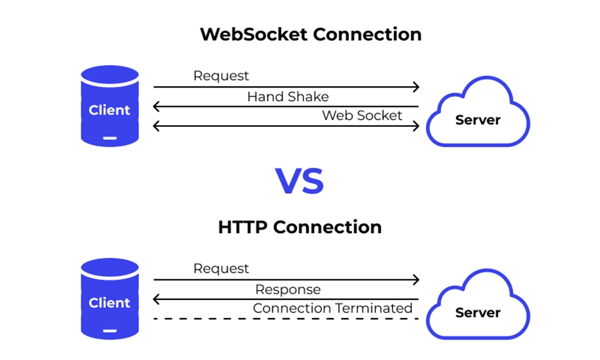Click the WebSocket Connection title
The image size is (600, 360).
(311, 34)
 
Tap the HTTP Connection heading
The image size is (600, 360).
(300, 227)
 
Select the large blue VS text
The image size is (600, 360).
(299, 181)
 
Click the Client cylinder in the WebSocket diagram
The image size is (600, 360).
(110, 106)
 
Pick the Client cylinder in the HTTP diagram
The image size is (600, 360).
(110, 299)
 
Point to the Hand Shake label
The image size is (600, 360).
(287, 97)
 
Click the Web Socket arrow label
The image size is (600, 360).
(362, 116)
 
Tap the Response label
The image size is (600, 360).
(287, 289)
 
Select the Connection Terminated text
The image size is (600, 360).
(332, 308)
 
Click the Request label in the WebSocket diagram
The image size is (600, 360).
(221, 76)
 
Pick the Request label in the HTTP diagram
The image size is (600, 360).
(221, 268)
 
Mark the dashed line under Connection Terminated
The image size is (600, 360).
(286, 319)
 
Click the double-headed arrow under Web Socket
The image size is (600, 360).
(286, 126)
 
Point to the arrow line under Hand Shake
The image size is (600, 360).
(286, 107)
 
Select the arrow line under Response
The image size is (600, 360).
(286, 299)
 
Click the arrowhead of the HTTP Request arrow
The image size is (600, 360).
(416, 280)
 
